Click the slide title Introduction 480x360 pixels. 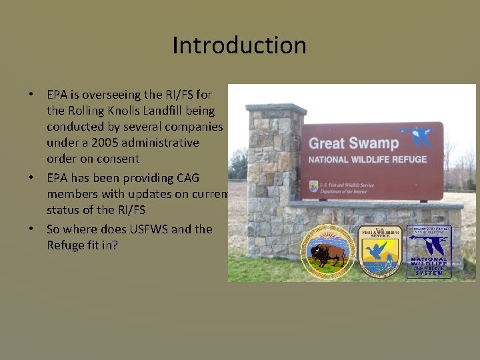pyautogui.click(x=239, y=45)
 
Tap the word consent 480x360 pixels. pyautogui.click(x=117, y=159)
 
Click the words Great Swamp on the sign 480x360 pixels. pyautogui.click(x=354, y=143)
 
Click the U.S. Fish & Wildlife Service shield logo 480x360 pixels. pyautogui.click(x=379, y=251)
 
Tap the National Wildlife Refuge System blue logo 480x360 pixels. pyautogui.click(x=429, y=252)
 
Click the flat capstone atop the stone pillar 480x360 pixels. pyautogui.click(x=276, y=109)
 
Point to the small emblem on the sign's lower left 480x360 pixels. pyautogui.click(x=313, y=186)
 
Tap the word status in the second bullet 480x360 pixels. pyautogui.click(x=63, y=210)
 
